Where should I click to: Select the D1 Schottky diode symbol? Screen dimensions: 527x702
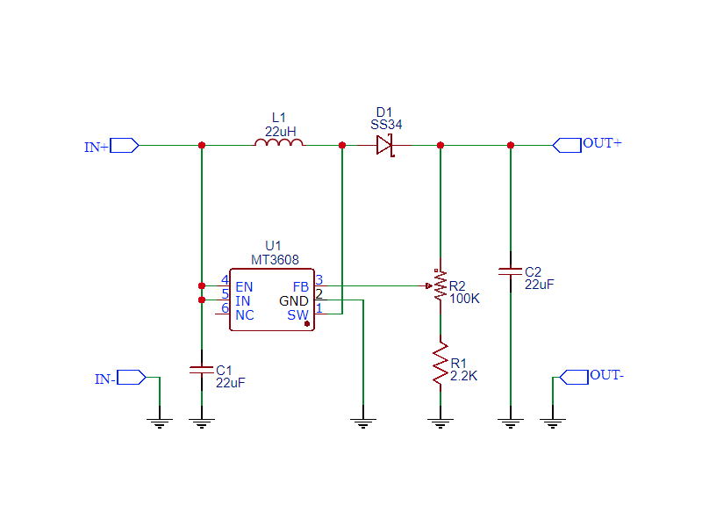(384, 145)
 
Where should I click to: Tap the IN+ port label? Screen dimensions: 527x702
(97, 148)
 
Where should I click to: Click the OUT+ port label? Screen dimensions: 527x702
(602, 143)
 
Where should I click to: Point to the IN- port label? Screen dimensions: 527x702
(105, 379)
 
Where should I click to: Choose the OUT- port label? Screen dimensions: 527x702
(607, 375)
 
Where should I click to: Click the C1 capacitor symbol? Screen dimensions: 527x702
(202, 371)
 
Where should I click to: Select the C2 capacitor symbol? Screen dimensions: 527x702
(510, 271)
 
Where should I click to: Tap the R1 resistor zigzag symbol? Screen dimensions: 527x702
(440, 365)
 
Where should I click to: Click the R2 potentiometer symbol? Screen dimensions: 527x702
(440, 286)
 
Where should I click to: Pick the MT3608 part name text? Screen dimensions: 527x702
(275, 260)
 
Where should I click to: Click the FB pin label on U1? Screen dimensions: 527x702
(300, 286)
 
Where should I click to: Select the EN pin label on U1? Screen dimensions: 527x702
(244, 286)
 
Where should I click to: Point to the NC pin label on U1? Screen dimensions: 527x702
(245, 314)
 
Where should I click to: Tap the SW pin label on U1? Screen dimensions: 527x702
(298, 314)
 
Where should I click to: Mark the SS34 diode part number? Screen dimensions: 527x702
(386, 125)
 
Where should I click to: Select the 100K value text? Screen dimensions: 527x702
(464, 299)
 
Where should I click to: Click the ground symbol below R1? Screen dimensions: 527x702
(440, 424)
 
